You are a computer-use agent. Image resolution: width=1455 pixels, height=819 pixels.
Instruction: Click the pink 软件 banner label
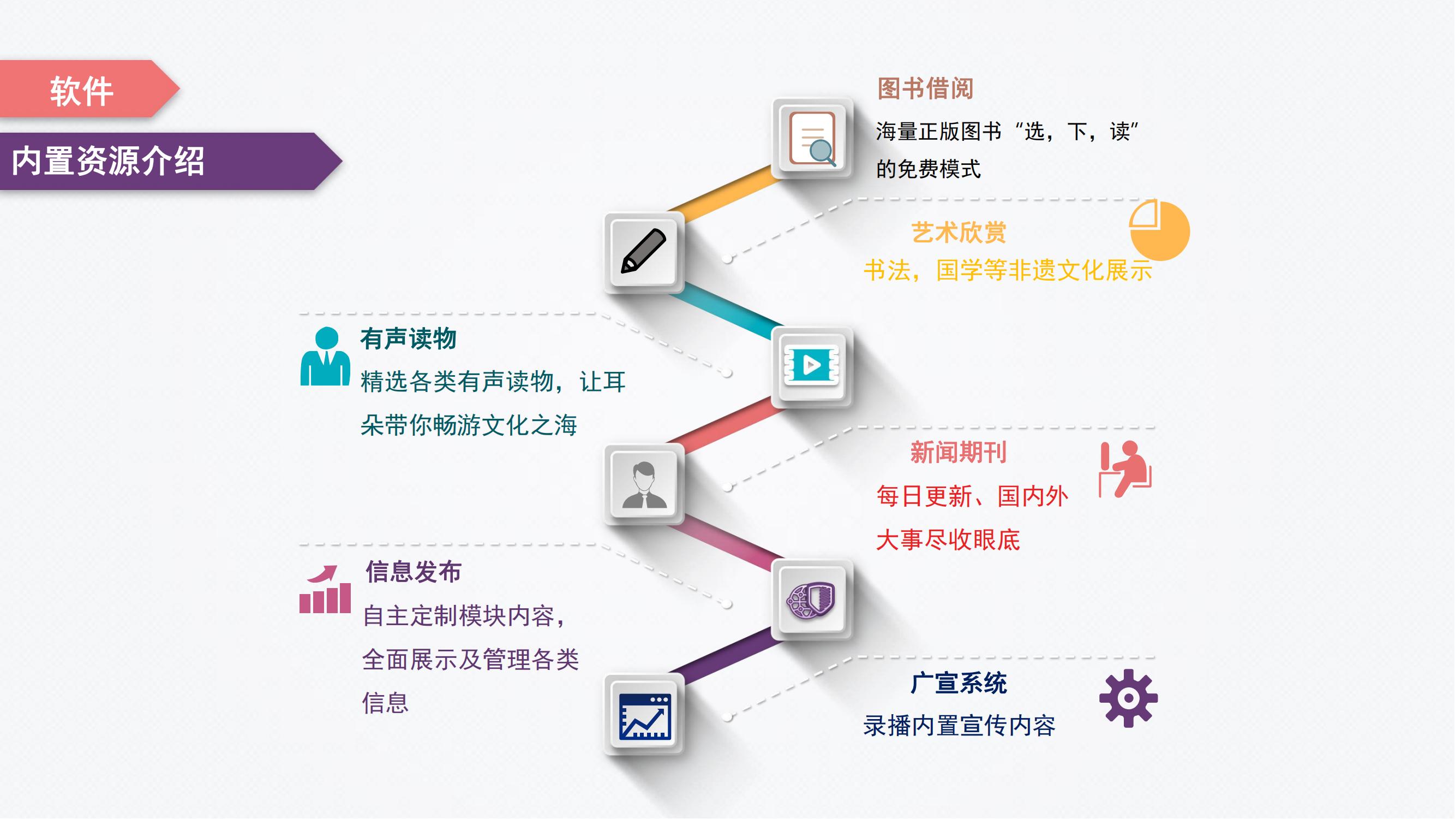coord(82,91)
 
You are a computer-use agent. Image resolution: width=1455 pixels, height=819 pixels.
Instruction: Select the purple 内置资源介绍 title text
coord(108,161)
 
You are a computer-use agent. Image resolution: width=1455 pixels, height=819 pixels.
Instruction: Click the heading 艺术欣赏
coord(959,232)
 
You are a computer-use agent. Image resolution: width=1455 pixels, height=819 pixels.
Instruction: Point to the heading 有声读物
coord(409,339)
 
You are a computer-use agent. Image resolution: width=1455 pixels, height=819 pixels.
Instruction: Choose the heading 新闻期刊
coord(959,452)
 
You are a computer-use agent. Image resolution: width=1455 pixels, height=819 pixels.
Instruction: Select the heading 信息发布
coord(414,572)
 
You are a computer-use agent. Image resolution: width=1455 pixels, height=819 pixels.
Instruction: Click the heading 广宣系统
coord(959,683)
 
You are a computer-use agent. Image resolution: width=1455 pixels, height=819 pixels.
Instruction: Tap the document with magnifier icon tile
coord(812,139)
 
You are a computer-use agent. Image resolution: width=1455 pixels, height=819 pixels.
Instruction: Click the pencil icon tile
coord(644,252)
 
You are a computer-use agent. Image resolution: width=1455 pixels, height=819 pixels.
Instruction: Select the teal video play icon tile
coord(812,366)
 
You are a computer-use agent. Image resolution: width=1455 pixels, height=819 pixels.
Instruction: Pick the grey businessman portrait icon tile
coord(644,484)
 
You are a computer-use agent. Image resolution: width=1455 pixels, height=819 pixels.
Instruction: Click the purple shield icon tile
coord(812,600)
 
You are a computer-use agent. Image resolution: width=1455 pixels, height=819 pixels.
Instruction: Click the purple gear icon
coord(1129,698)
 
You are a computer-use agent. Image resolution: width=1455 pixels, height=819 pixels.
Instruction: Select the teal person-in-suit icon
coord(325,356)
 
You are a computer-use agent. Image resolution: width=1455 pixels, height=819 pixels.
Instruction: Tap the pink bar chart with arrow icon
coord(325,589)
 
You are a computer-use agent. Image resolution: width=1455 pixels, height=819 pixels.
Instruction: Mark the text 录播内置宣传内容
coord(959,726)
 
